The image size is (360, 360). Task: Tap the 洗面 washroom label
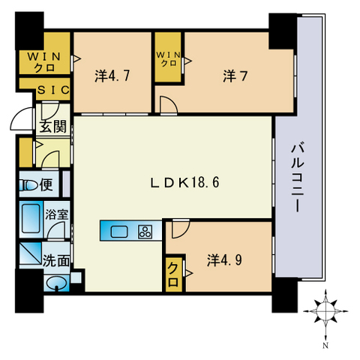point(57,262)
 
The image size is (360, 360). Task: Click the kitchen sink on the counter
point(120,232)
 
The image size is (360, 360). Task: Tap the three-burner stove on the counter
point(145,232)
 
